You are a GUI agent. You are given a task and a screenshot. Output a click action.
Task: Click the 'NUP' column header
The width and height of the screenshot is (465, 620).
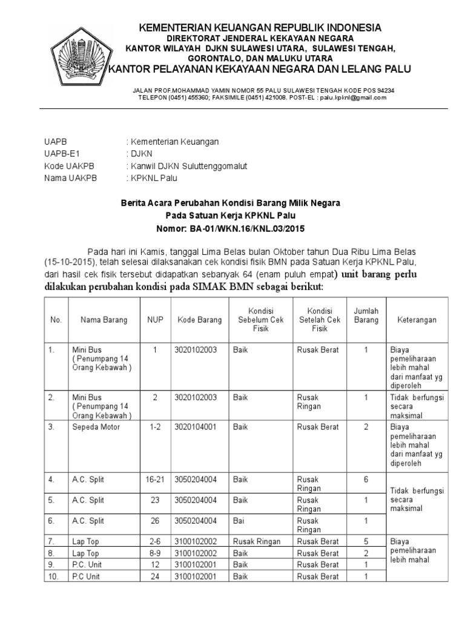pos(155,320)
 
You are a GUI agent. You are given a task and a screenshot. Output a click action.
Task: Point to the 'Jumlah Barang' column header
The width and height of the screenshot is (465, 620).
pos(366,315)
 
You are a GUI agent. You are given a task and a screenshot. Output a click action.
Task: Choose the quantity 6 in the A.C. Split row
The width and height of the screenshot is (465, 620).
pos(366,480)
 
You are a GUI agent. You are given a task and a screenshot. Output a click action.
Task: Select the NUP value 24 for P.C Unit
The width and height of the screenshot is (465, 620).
pos(155,576)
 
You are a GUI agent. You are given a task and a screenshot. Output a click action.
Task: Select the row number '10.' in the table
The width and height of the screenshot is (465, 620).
pos(54,576)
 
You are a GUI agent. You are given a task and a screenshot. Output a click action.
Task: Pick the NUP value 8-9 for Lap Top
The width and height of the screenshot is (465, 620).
pos(155,553)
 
